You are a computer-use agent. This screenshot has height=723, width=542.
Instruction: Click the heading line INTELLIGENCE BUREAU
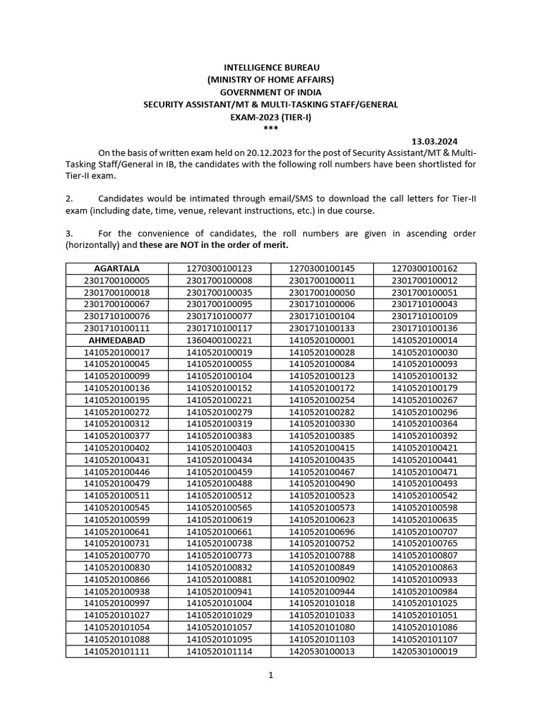coord(270,67)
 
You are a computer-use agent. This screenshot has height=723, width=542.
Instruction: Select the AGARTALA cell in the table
coord(116,268)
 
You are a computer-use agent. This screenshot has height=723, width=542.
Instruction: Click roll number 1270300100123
coord(219,268)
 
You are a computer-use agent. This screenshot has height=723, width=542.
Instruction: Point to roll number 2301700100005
coord(116,280)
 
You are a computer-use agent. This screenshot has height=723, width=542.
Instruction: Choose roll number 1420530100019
coord(424,652)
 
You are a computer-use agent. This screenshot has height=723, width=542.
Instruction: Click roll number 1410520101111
coord(116,652)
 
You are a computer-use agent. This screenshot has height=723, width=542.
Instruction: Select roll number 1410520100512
coord(219,496)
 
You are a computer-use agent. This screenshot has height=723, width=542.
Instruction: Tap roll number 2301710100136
coord(424,328)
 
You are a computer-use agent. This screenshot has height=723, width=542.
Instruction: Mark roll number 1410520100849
coord(322,568)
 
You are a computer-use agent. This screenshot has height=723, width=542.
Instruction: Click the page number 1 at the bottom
coord(270,675)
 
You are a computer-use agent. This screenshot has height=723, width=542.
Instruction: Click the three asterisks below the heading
coord(270,129)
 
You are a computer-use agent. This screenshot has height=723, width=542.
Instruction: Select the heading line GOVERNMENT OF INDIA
coord(270,92)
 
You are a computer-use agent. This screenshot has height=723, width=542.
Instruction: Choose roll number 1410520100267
coord(424,400)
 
